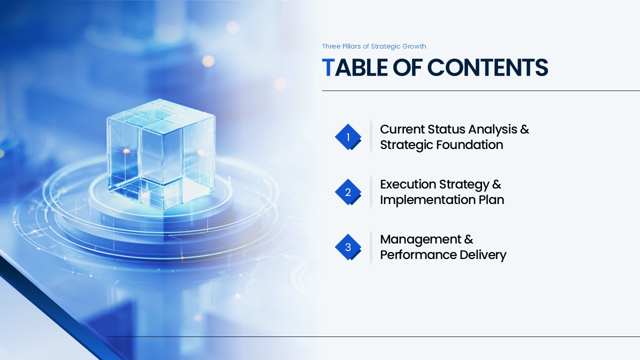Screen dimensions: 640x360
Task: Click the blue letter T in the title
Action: pyautogui.click(x=328, y=67)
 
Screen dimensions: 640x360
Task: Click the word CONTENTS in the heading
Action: pyautogui.click(x=487, y=67)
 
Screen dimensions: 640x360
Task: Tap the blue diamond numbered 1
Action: pyautogui.click(x=348, y=137)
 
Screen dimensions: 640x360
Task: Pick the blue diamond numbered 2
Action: pyautogui.click(x=348, y=192)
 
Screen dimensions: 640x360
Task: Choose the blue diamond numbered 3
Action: pyautogui.click(x=348, y=247)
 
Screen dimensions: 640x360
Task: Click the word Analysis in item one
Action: pyautogui.click(x=492, y=130)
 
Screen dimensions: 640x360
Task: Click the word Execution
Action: pyautogui.click(x=408, y=184)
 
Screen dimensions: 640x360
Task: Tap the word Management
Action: pyautogui.click(x=420, y=239)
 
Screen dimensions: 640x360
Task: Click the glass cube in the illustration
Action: pyautogui.click(x=161, y=154)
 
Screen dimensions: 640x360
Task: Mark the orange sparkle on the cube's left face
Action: pyautogui.click(x=126, y=150)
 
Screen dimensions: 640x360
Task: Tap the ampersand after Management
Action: pyautogui.click(x=468, y=239)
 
